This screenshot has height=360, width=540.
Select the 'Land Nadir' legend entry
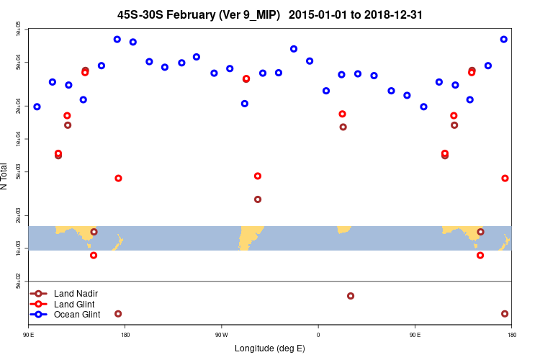click(76, 293)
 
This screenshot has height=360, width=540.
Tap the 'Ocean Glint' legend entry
click(77, 314)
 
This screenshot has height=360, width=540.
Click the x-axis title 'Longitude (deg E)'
click(270, 348)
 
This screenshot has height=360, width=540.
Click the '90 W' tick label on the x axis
click(221, 334)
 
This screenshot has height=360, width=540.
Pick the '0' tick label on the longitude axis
click(318, 334)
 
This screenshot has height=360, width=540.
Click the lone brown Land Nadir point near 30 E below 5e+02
click(351, 296)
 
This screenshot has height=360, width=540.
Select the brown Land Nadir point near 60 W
click(258, 199)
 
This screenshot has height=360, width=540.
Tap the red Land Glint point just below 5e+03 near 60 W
click(258, 176)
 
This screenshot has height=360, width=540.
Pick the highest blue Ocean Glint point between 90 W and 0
click(294, 49)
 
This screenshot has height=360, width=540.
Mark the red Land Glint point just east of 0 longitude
click(343, 114)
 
